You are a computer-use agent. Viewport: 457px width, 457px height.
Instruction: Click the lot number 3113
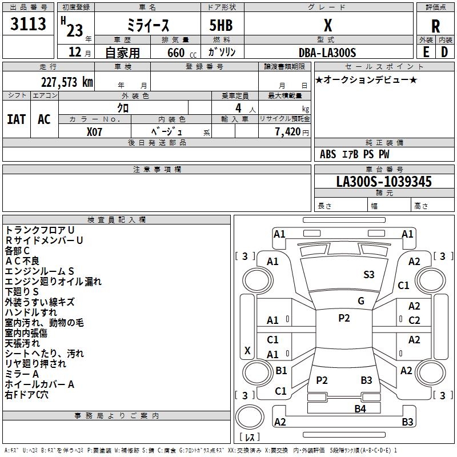(x=29, y=25)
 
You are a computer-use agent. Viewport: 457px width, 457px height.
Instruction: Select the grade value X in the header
(x=328, y=26)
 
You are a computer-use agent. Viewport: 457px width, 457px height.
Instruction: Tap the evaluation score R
(x=435, y=26)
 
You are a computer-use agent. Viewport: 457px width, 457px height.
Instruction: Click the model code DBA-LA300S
(x=327, y=53)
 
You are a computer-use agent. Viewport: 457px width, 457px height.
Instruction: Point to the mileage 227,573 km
(x=67, y=82)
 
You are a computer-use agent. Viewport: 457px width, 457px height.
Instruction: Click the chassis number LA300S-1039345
(x=384, y=182)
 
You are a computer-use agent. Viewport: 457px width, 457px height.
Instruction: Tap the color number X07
(x=95, y=131)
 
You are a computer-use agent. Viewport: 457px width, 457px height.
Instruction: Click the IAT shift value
(x=17, y=119)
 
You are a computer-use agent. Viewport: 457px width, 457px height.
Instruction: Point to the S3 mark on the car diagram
(x=369, y=274)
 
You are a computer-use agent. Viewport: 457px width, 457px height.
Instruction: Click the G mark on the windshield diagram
(x=361, y=301)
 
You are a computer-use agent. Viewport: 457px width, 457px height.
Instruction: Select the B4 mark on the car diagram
(x=360, y=408)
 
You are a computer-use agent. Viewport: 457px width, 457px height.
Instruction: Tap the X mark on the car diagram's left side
(x=247, y=350)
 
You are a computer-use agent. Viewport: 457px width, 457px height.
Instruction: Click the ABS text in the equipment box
(x=328, y=154)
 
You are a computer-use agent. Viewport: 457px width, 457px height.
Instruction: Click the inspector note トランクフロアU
(x=39, y=230)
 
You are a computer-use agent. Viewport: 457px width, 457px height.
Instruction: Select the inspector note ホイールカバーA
(x=39, y=384)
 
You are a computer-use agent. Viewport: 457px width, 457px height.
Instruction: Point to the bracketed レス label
(x=249, y=437)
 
